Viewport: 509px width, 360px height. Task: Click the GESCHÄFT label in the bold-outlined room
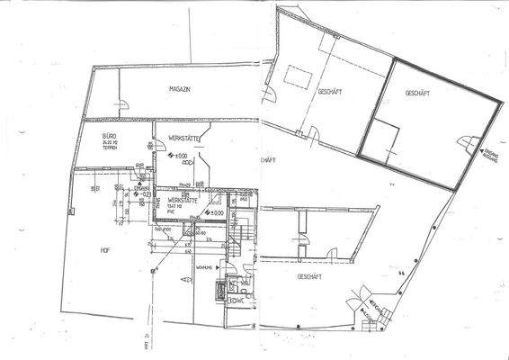pyautogui.click(x=419, y=93)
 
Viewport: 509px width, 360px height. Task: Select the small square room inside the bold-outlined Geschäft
pyautogui.click(x=380, y=142)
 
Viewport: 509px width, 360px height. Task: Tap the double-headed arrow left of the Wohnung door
pyautogui.click(x=183, y=281)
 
